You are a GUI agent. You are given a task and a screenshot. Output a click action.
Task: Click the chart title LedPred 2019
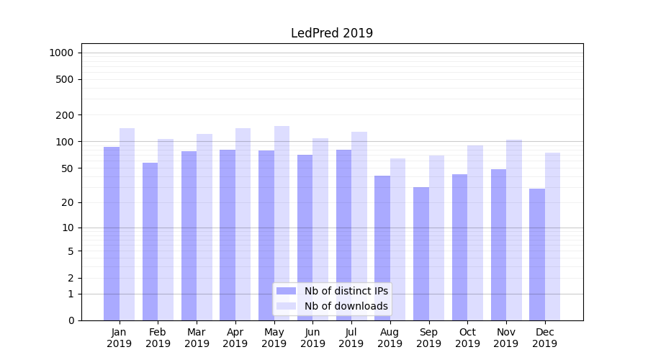pyautogui.click(x=331, y=33)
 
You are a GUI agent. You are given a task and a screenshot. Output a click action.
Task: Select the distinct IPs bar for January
pyautogui.click(x=112, y=234)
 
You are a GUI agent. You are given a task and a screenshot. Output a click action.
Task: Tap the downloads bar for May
pyautogui.click(x=282, y=223)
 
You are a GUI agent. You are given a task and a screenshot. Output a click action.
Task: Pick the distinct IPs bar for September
pyautogui.click(x=421, y=253)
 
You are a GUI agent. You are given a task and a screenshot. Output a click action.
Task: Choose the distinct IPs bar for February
pyautogui.click(x=150, y=241)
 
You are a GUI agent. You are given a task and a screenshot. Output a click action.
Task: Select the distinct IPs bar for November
pyautogui.click(x=498, y=245)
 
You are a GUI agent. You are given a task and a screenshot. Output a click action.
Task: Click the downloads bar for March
pyautogui.click(x=204, y=227)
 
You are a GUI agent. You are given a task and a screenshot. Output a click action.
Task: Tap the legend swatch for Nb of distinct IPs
pyautogui.click(x=286, y=291)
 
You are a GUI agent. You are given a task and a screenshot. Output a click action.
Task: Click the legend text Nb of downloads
pyautogui.click(x=346, y=306)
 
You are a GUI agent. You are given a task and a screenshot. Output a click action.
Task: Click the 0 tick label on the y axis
pyautogui.click(x=71, y=320)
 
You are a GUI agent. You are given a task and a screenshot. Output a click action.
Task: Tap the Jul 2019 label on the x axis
pyautogui.click(x=351, y=338)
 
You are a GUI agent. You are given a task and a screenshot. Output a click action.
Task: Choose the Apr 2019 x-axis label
pyautogui.click(x=235, y=338)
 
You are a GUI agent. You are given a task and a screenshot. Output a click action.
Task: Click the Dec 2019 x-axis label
pyautogui.click(x=544, y=338)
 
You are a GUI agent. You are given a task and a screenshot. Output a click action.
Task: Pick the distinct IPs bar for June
pyautogui.click(x=305, y=238)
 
